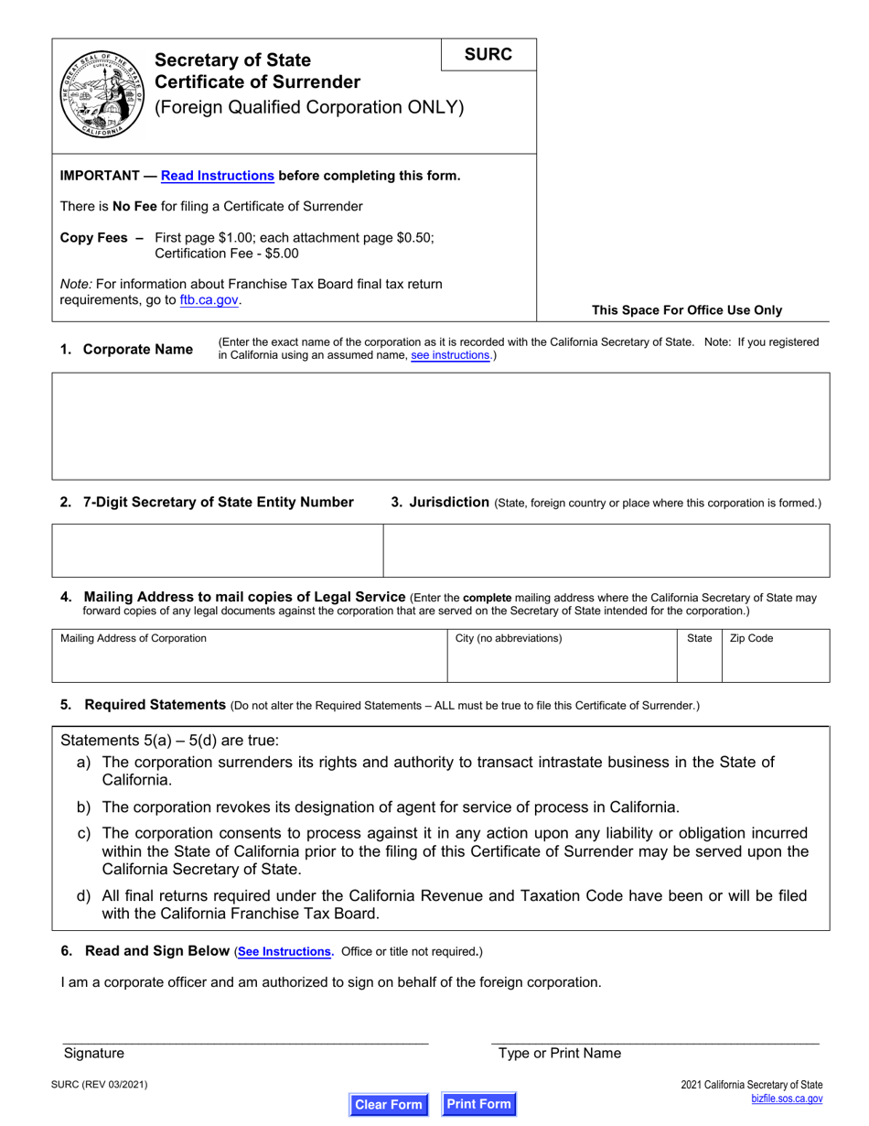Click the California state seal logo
click(100, 93)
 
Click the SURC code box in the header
click(488, 54)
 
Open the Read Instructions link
click(217, 176)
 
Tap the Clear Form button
click(389, 1104)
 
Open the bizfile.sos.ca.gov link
click(786, 1099)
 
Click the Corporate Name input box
click(440, 426)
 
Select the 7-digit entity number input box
click(217, 550)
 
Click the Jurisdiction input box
click(606, 550)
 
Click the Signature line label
click(93, 1053)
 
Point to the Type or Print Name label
click(559, 1053)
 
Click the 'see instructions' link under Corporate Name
click(450, 355)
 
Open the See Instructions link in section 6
click(284, 952)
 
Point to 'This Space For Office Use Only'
click(687, 309)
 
